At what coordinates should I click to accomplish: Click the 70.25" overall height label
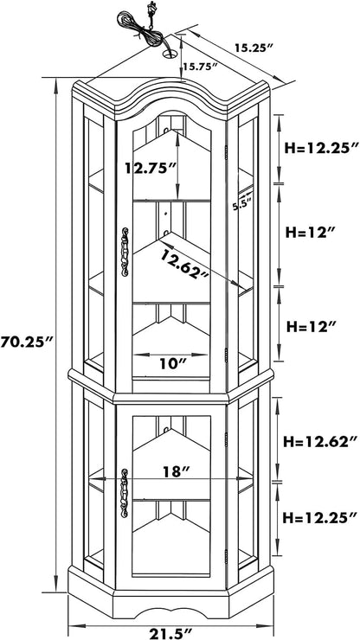tap(28, 342)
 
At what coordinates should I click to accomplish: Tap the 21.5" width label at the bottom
tap(171, 633)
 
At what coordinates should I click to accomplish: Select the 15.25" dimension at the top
tap(254, 48)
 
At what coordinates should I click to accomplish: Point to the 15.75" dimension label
tap(200, 66)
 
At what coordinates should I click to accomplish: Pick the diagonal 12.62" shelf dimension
tap(184, 264)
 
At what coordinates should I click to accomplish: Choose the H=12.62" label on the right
tap(317, 441)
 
